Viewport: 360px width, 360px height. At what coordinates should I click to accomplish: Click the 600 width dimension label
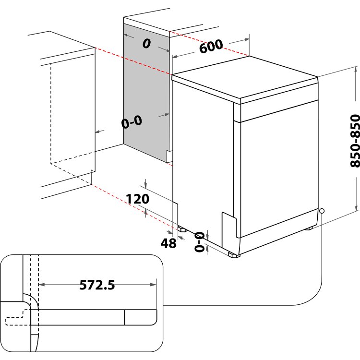211,47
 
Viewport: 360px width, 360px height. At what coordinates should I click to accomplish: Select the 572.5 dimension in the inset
97,285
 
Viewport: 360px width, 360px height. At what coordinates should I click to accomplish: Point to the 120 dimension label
138,199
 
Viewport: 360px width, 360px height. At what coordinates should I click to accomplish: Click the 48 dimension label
168,243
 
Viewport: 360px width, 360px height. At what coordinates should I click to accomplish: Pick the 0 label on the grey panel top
146,44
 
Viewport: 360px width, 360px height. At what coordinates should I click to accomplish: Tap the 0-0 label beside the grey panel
131,122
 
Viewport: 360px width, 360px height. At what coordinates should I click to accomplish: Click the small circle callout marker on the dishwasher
321,211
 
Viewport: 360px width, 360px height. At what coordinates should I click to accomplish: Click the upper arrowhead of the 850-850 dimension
356,71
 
